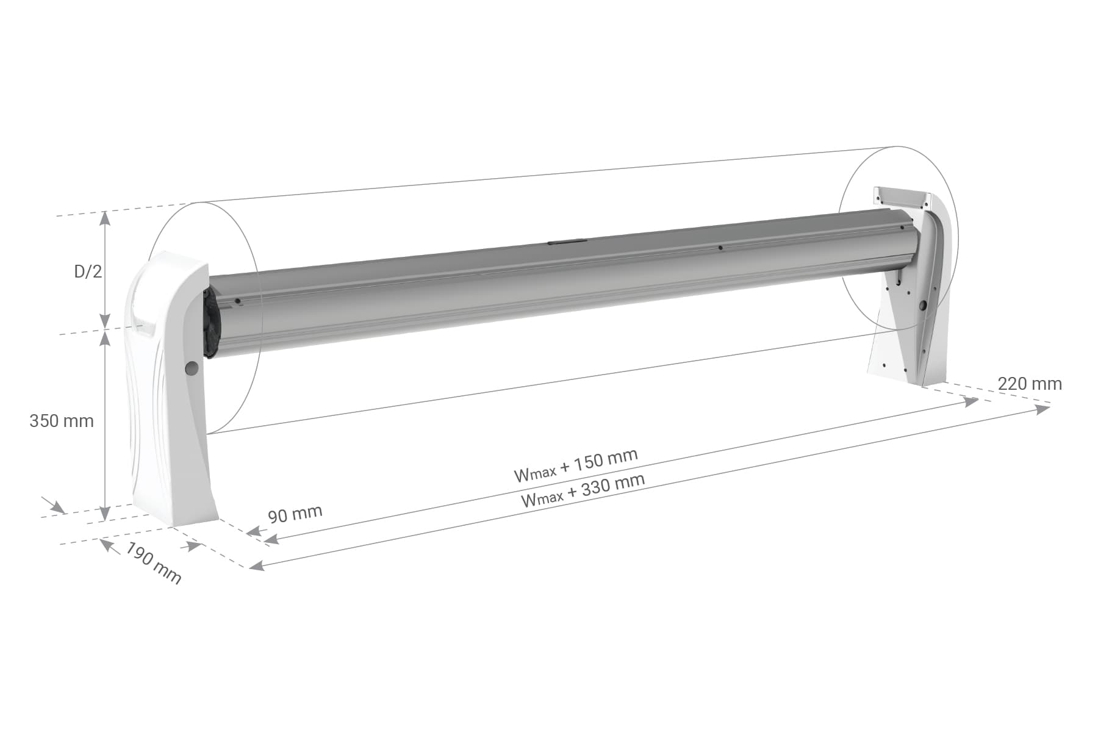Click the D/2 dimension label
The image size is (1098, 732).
(x=88, y=271)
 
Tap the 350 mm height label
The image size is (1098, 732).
(x=62, y=421)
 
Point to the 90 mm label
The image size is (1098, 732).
(x=295, y=514)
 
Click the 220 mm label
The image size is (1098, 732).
(x=1030, y=384)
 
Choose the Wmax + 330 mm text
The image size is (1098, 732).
(x=583, y=490)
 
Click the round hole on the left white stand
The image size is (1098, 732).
(x=192, y=368)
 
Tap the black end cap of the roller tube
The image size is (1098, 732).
(x=209, y=323)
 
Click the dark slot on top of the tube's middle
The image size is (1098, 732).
(x=566, y=242)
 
